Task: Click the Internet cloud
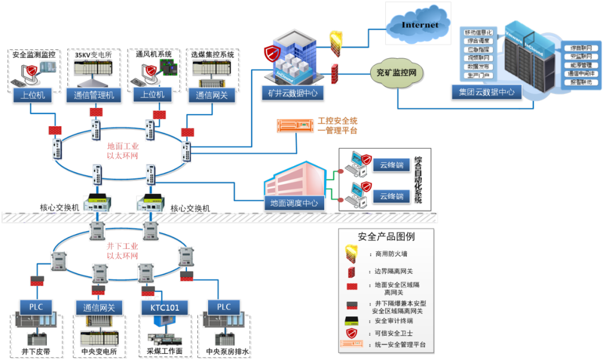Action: coord(419,25)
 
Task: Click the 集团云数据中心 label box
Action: coord(486,92)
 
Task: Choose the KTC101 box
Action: coord(164,307)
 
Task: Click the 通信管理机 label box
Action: coord(94,95)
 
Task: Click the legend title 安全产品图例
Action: coord(386,236)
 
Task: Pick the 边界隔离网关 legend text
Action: coord(394,270)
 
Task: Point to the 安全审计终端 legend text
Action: coord(394,320)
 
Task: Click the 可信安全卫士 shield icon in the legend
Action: coord(352,333)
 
